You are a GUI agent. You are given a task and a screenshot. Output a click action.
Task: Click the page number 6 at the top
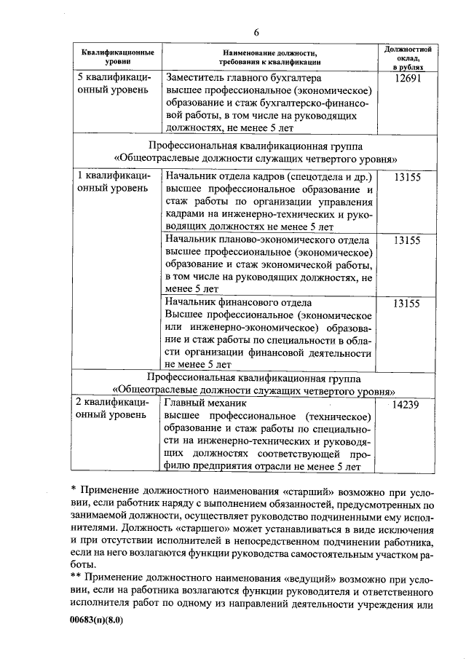click(x=256, y=32)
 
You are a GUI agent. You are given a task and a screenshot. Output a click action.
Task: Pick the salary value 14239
click(x=405, y=406)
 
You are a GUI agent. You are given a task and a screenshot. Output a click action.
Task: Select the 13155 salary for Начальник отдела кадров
click(x=406, y=178)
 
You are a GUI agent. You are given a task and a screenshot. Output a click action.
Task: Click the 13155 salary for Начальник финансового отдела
click(x=406, y=304)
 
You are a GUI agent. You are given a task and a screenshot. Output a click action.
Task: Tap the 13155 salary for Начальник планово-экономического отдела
click(x=406, y=241)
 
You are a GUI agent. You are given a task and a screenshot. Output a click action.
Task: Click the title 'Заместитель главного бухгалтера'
click(x=244, y=77)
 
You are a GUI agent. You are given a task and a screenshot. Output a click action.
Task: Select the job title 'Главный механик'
click(x=207, y=402)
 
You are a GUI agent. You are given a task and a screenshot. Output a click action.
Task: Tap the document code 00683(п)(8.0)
click(x=101, y=620)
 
